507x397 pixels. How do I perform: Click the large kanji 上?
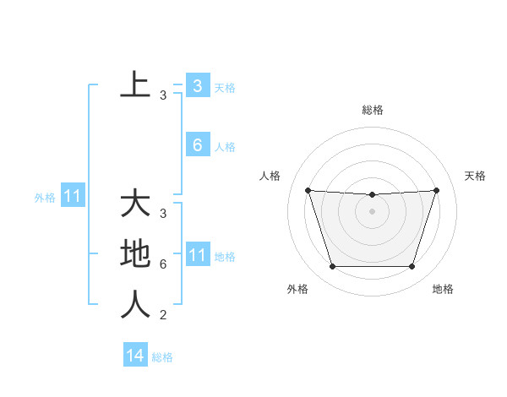pyautogui.click(x=135, y=85)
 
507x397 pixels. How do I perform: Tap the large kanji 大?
pyautogui.click(x=135, y=204)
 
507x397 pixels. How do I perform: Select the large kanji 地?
pyautogui.click(x=135, y=254)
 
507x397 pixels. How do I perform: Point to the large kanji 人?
pyautogui.click(x=135, y=304)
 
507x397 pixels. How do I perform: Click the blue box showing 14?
pyautogui.click(x=135, y=356)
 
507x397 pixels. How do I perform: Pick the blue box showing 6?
pyautogui.click(x=198, y=145)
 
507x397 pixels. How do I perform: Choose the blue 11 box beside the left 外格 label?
pyautogui.click(x=72, y=197)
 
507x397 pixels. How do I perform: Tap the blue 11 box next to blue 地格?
pyautogui.click(x=198, y=255)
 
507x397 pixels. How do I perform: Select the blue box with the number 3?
pyautogui.click(x=198, y=85)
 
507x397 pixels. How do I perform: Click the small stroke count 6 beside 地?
pyautogui.click(x=162, y=264)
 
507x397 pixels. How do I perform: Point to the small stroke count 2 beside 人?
pyautogui.click(x=162, y=315)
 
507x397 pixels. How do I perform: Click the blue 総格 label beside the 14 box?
pyautogui.click(x=162, y=357)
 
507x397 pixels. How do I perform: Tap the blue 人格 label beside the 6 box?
pyautogui.click(x=225, y=147)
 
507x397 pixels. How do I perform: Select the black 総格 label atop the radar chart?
pyautogui.click(x=372, y=110)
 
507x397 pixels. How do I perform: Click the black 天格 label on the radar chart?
pyautogui.click(x=475, y=176)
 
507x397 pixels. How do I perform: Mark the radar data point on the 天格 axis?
pyautogui.click(x=436, y=190)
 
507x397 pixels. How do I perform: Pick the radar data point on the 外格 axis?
pyautogui.click(x=332, y=267)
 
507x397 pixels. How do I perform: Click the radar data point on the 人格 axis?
pyautogui.click(x=308, y=190)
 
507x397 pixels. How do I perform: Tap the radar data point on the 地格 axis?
pyautogui.click(x=412, y=267)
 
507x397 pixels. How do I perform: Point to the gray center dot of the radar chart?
pyautogui.click(x=372, y=211)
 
